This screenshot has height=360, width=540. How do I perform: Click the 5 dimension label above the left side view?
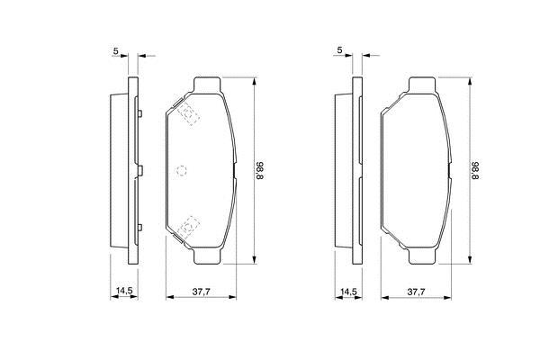pos(116,50)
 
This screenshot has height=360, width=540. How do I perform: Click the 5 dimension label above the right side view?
pos(340,50)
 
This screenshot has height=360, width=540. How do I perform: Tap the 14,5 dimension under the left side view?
pos(124,291)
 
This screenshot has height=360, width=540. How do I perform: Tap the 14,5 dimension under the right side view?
pos(348,292)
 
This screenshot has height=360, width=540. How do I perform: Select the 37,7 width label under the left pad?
pos(201,292)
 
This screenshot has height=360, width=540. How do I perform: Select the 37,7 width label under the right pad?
pos(417,292)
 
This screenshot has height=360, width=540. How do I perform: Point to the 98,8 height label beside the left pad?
pos(260,171)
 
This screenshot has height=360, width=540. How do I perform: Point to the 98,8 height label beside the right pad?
pos(475,171)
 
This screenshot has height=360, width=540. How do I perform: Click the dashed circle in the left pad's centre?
pos(182,170)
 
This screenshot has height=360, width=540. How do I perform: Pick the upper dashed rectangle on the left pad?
pos(189,113)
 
